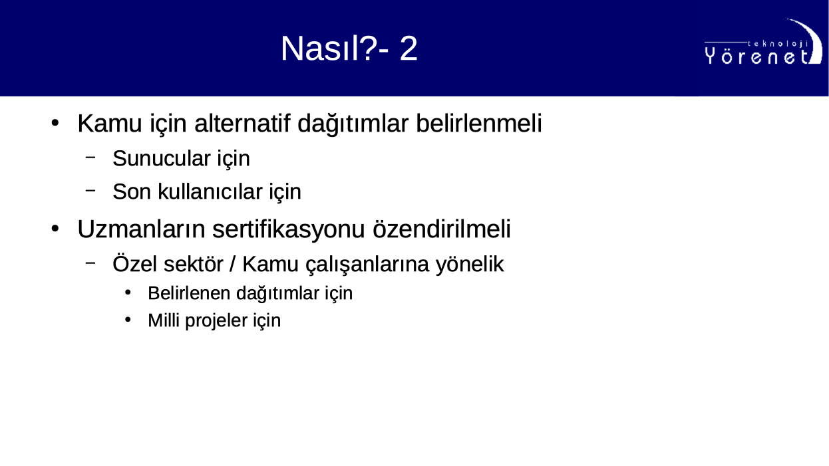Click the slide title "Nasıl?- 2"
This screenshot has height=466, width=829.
click(349, 49)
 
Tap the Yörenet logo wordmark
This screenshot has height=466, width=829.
click(757, 57)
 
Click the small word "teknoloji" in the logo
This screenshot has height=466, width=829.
click(778, 44)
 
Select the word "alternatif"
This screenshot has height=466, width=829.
click(242, 123)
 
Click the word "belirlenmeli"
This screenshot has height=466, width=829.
click(479, 123)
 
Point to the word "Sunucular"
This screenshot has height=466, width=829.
click(162, 158)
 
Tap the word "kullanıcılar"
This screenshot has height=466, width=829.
click(210, 191)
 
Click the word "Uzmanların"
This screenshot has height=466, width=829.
click(141, 229)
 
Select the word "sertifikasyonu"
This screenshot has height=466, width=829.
click(289, 230)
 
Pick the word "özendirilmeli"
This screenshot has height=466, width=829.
click(442, 229)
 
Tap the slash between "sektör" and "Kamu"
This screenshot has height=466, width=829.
click(232, 264)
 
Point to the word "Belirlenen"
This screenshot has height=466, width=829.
click(189, 293)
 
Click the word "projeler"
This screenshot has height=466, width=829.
click(216, 321)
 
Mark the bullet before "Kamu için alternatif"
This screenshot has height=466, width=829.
click(55, 123)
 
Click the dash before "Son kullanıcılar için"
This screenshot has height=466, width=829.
click(90, 191)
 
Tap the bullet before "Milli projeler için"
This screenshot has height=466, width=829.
click(128, 320)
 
